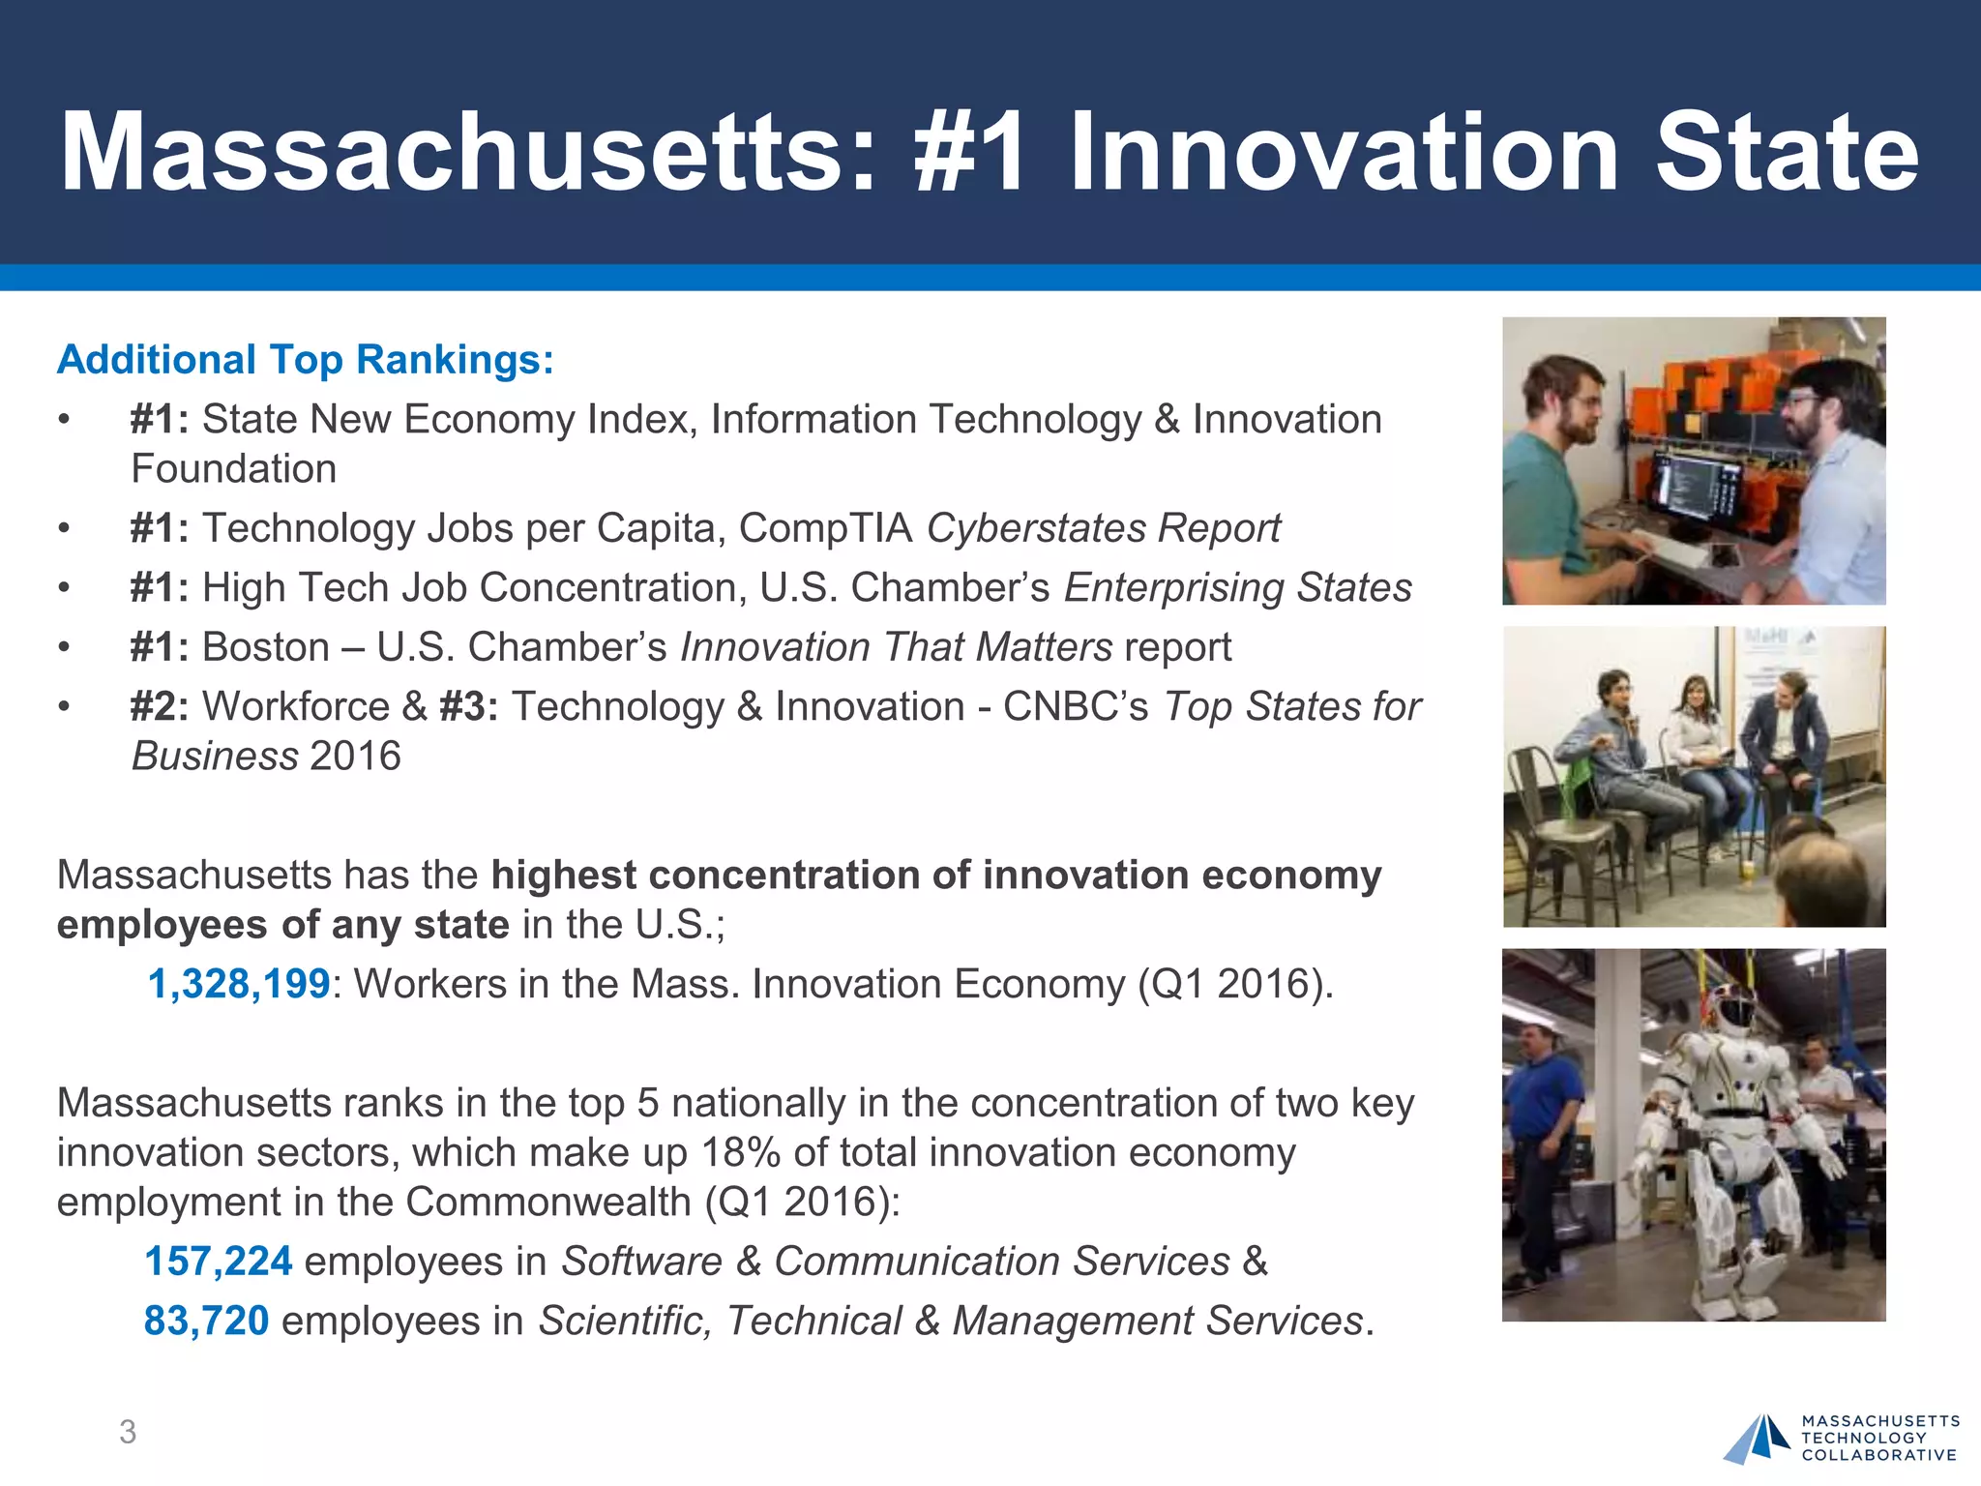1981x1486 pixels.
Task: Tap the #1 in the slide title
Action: point(969,153)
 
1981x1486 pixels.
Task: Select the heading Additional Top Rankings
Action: point(306,360)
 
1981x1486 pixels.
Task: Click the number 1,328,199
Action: point(239,984)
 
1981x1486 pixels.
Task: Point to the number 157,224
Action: point(218,1262)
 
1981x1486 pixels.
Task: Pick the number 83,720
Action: point(206,1321)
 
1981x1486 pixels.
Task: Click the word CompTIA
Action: point(825,528)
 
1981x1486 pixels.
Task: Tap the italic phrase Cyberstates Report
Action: point(1103,528)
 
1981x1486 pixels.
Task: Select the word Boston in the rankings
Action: point(266,647)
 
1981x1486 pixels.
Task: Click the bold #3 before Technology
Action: point(468,706)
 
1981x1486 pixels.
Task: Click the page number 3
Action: point(128,1432)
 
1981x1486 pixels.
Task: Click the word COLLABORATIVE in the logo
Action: point(1878,1455)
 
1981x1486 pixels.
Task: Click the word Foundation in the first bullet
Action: point(234,469)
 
